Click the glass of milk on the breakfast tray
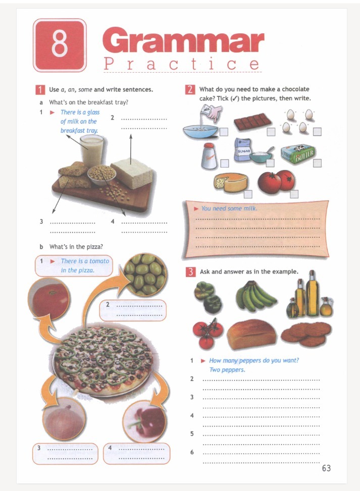tap(91, 151)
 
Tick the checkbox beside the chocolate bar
tap(271, 132)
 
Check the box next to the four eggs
tap(317, 132)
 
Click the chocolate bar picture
tap(252, 122)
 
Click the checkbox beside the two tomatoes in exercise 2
tap(294, 194)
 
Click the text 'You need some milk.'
tap(229, 208)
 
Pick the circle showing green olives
tap(145, 275)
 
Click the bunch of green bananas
tap(255, 296)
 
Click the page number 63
tap(326, 468)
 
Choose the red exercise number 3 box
tap(190, 272)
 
